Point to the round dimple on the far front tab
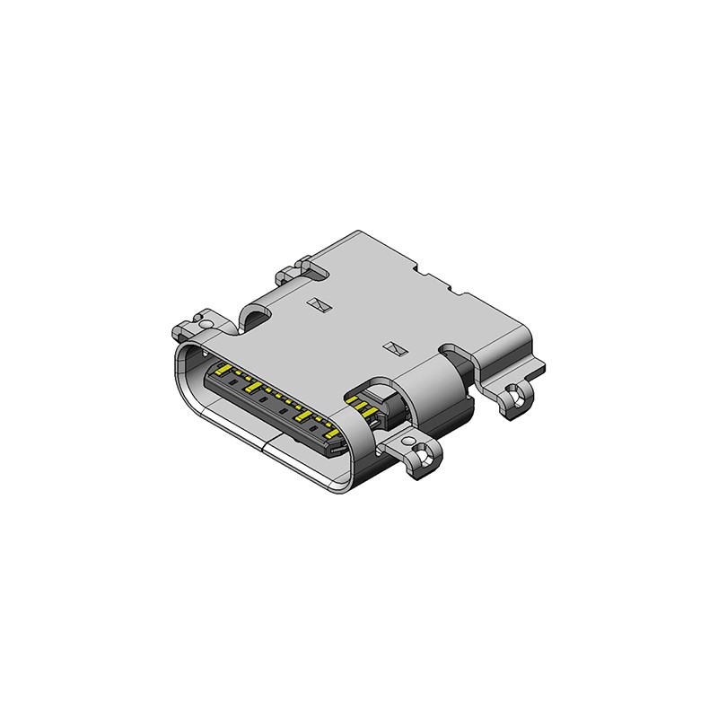tap(199, 320)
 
